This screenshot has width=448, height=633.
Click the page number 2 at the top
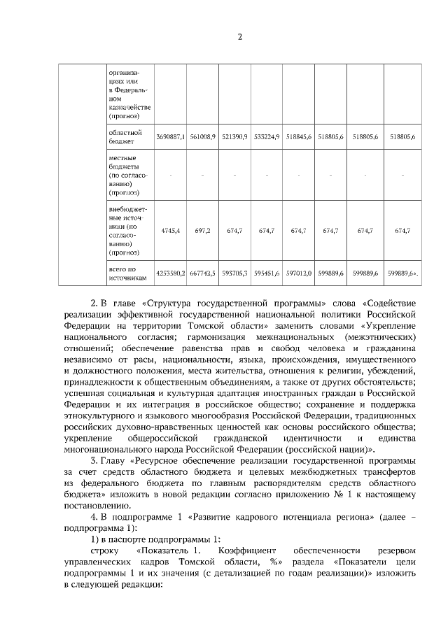pyautogui.click(x=239, y=38)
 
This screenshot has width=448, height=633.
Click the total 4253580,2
pyautogui.click(x=170, y=273)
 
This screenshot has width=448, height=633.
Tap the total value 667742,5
pyautogui.click(x=202, y=273)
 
